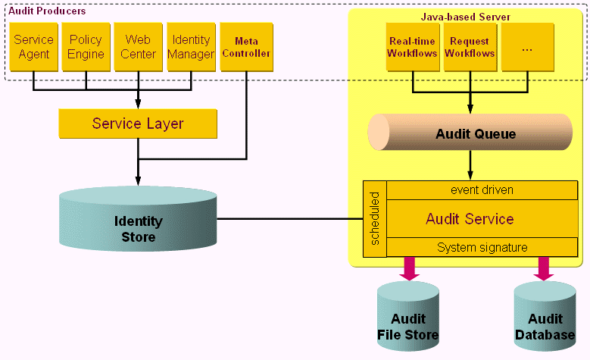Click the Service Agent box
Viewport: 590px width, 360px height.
[33, 47]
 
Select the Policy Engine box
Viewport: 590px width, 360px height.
[86, 47]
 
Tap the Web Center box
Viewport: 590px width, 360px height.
[138, 47]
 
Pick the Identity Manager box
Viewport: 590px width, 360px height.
[191, 47]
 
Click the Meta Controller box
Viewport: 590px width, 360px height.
[246, 47]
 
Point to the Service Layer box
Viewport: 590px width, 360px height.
[138, 124]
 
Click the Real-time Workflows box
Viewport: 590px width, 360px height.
[412, 47]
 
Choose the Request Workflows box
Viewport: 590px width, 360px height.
[470, 47]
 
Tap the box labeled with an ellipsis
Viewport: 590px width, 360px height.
[527, 47]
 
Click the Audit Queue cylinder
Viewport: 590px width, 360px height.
[470, 133]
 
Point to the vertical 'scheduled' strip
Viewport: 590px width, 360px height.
[374, 219]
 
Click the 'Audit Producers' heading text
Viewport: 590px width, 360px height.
[47, 11]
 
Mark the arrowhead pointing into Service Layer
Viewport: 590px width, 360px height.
[138, 105]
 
